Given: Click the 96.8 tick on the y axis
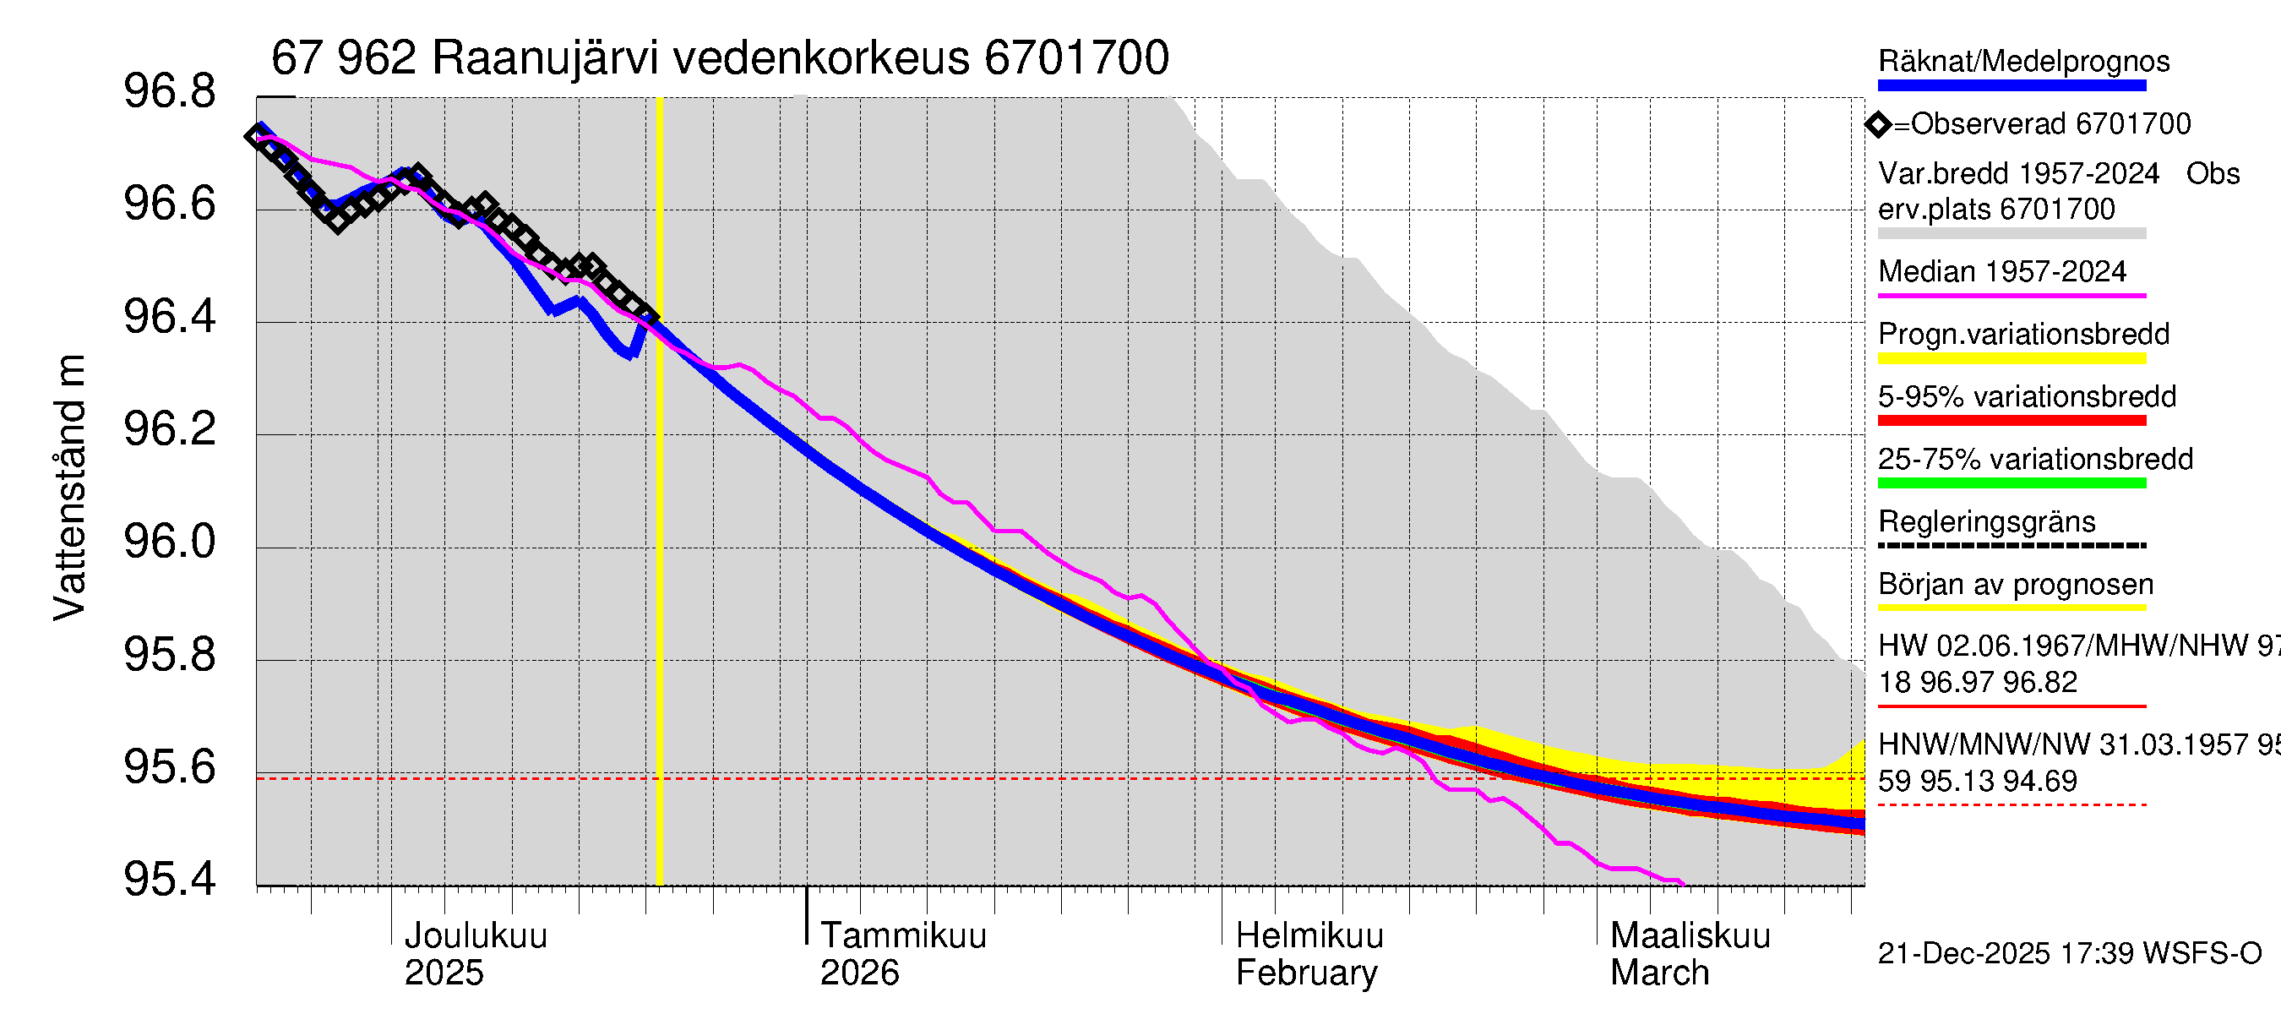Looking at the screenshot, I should pos(169,92).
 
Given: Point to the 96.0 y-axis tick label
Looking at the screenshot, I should pos(169,542).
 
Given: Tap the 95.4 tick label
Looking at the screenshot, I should pos(169,880).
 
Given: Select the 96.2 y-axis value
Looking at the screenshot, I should pos(169,429).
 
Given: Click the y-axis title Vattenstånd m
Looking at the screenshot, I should pos(70,487).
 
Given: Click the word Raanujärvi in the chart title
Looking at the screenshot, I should pos(545,58).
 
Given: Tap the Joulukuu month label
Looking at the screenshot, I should pos(476,935).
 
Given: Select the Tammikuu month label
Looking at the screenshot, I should pos(902,935).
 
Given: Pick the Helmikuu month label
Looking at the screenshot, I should pos(1309,935).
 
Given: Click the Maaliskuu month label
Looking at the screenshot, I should pos(1690,935).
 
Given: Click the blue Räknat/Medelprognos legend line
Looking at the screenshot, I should pos(2011,86).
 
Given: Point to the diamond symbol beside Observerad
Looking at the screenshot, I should pos(1878,124).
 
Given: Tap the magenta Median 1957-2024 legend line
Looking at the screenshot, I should pos(2011,296).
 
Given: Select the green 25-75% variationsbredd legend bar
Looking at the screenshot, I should pos(2011,483).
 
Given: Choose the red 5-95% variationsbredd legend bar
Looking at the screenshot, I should pos(2011,421).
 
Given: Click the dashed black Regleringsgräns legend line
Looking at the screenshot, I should pos(2011,546).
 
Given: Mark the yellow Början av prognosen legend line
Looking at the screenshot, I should pos(2011,608).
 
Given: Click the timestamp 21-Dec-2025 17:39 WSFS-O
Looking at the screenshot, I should pos(2069,954).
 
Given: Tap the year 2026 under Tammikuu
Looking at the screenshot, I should pos(859,973).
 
